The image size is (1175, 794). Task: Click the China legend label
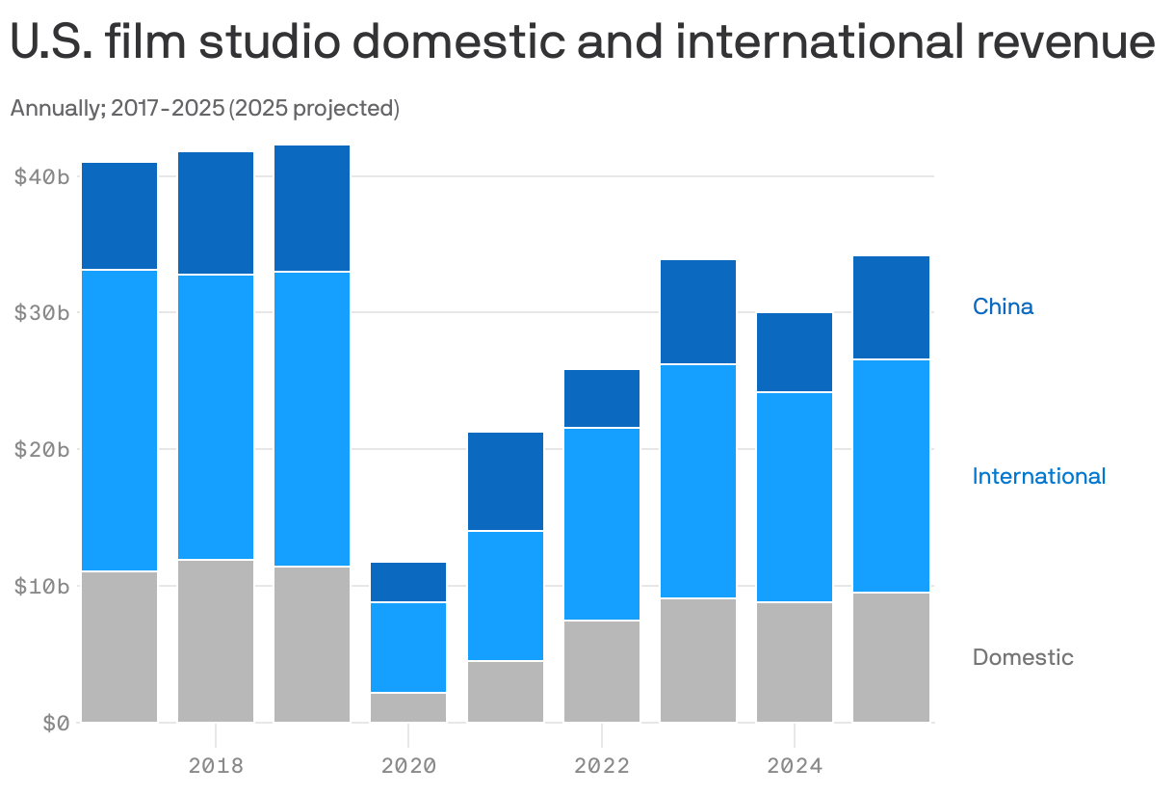tap(1003, 306)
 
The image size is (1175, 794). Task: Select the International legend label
tap(1038, 476)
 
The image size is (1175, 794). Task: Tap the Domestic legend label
tap(1022, 657)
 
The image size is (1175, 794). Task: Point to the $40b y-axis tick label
tap(42, 176)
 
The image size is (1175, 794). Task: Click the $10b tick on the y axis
tap(42, 586)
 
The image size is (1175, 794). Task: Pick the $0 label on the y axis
tap(56, 723)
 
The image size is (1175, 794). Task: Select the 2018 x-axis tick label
tap(216, 766)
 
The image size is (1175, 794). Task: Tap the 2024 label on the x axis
tap(795, 766)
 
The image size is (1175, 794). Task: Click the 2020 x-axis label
tap(408, 766)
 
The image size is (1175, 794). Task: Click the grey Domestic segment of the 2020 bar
tap(408, 707)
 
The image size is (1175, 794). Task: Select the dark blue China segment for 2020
tap(408, 582)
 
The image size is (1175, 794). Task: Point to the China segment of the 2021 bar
tap(505, 481)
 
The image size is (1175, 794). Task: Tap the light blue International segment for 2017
tap(119, 420)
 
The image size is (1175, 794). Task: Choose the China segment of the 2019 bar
tap(312, 208)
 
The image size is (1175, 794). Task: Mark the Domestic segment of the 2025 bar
tap(891, 657)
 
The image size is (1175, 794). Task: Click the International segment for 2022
tap(602, 523)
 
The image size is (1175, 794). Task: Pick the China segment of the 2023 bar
tap(698, 311)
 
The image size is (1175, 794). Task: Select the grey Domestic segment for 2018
tap(216, 641)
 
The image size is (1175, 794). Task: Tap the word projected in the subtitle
tap(343, 108)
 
